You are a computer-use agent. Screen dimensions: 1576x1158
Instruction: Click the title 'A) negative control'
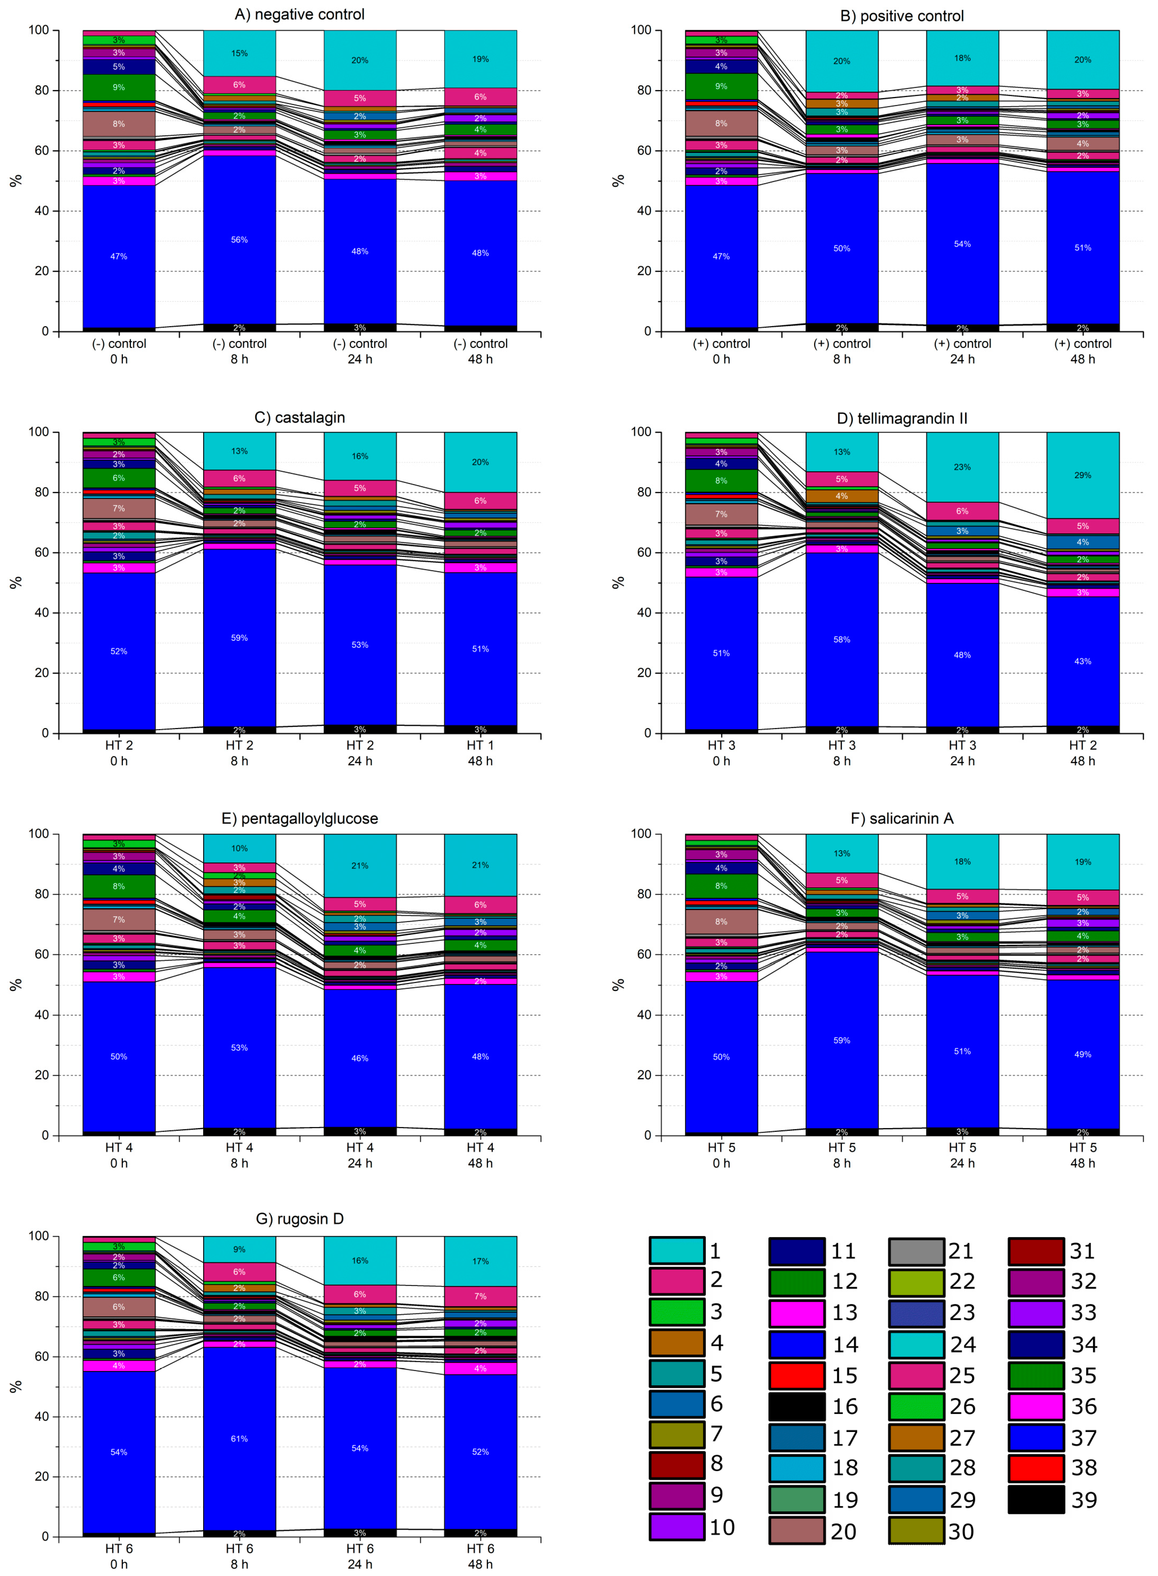pos(299,15)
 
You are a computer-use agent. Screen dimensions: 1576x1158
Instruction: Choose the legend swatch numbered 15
pos(796,1375)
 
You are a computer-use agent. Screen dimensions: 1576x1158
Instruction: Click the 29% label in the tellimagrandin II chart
pos(1082,475)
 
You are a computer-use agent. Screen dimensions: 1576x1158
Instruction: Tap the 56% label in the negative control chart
pos(239,240)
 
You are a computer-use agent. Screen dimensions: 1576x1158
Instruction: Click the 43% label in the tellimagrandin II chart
pos(1082,661)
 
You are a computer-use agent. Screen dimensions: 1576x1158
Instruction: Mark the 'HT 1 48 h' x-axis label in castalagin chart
pos(480,753)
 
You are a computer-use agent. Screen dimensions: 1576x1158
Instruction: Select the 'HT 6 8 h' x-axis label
pos(239,1556)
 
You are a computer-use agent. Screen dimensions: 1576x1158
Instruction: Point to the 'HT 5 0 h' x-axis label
pos(721,1155)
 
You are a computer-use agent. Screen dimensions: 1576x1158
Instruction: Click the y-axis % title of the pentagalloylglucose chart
pos(15,984)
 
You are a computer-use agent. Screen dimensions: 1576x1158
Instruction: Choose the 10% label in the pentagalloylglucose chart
pos(239,848)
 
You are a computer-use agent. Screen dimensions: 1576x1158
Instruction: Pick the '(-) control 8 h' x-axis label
pos(239,351)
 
